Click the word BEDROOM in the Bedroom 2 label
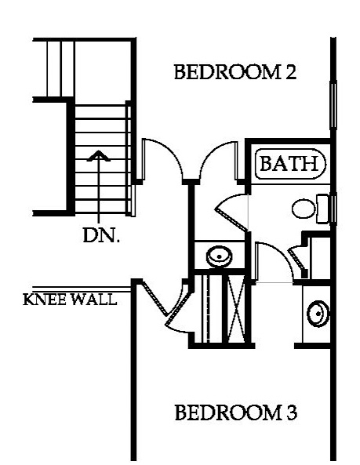(x=227, y=72)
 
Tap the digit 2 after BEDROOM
(x=291, y=72)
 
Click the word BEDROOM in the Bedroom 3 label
(x=228, y=412)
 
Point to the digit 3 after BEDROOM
(x=292, y=412)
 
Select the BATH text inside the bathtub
(x=289, y=163)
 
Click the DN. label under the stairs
(x=101, y=235)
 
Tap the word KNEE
(x=45, y=300)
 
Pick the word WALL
(x=94, y=300)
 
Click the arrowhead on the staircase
(x=99, y=156)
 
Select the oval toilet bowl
(x=303, y=209)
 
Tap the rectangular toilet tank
(x=323, y=209)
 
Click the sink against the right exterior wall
(x=318, y=314)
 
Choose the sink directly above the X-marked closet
(x=219, y=256)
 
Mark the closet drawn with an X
(x=236, y=308)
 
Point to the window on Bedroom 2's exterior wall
(x=333, y=106)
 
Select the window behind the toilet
(x=333, y=209)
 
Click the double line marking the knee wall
(x=82, y=289)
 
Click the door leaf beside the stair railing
(x=144, y=159)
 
